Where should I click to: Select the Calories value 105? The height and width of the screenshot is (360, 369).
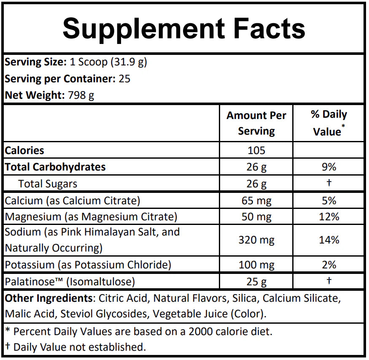click(x=256, y=150)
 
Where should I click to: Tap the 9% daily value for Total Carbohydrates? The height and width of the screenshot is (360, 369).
click(x=329, y=167)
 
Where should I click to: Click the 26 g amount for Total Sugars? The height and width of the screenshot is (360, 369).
click(x=256, y=184)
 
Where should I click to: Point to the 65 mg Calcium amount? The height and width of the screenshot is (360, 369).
click(x=256, y=200)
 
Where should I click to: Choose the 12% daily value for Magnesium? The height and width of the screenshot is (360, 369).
click(x=329, y=217)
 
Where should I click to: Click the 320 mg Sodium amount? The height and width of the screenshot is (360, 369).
click(x=256, y=240)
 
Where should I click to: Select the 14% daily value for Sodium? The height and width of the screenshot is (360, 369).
click(x=329, y=240)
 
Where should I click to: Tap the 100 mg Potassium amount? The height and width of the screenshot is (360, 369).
click(x=256, y=265)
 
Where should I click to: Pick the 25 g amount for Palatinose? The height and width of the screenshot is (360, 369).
click(x=256, y=282)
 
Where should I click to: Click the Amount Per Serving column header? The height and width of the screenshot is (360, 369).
click(x=256, y=123)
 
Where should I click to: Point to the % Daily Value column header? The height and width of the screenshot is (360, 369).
click(x=329, y=123)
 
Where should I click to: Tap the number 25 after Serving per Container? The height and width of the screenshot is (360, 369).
click(x=125, y=79)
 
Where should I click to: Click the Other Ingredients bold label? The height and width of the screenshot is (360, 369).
click(x=48, y=299)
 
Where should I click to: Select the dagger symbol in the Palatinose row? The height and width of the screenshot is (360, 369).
click(x=329, y=281)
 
